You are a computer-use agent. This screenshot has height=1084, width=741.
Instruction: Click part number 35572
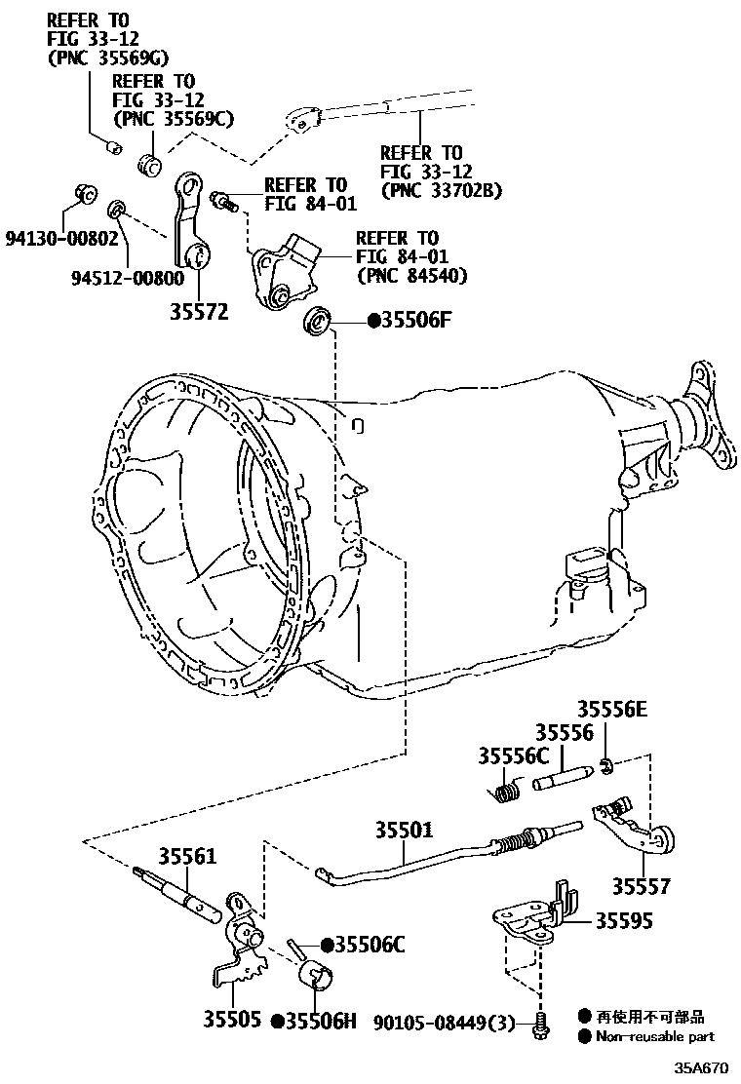199,312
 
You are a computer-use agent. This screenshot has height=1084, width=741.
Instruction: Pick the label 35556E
610,710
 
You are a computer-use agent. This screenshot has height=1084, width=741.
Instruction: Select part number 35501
404,830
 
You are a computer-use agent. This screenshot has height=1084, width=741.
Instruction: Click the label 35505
232,1021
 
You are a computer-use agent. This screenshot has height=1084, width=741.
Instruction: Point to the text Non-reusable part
655,1037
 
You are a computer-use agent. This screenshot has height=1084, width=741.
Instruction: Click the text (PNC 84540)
410,276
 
